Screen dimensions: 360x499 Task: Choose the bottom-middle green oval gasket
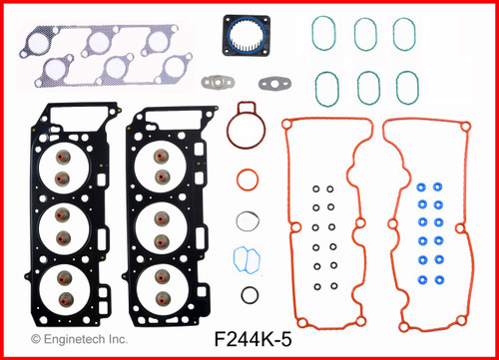point(365,87)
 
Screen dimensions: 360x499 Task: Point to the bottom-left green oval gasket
point(325,87)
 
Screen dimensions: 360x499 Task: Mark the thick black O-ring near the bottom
point(251,295)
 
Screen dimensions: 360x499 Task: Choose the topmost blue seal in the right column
point(437,186)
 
